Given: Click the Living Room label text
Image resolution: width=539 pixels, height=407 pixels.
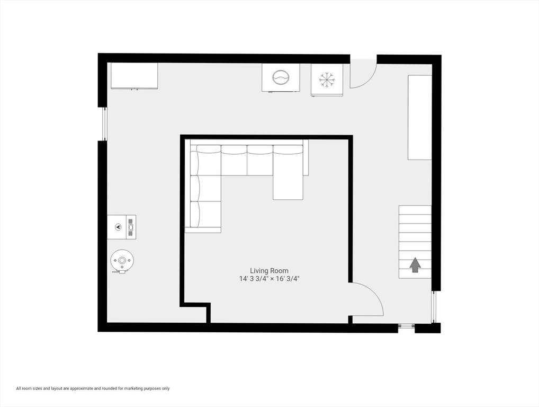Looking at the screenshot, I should click(x=269, y=270).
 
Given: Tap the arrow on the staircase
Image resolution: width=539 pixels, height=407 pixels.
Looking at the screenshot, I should click(x=415, y=264).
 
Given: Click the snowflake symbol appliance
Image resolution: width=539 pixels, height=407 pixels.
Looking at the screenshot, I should click(x=327, y=80).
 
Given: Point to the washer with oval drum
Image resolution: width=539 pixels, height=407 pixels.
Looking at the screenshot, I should click(x=281, y=77).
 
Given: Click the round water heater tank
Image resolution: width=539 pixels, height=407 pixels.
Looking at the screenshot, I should click(x=122, y=261).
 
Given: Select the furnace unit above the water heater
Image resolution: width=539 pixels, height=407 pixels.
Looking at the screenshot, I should click(x=122, y=227).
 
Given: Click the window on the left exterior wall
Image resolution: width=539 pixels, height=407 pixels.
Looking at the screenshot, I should click(x=104, y=124).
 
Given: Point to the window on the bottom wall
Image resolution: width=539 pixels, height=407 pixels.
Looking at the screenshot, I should click(x=406, y=325).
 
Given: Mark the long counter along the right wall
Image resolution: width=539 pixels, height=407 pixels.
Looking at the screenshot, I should click(x=419, y=117).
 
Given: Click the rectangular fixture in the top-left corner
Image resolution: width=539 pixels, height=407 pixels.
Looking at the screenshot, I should click(x=134, y=76).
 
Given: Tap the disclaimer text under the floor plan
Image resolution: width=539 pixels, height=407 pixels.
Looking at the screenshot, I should click(x=93, y=388).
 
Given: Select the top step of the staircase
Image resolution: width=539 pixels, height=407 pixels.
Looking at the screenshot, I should click(x=415, y=210).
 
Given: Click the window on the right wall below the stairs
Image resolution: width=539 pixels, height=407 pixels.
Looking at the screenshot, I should click(x=434, y=307).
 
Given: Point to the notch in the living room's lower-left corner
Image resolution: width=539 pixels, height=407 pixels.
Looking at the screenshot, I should click(x=195, y=313).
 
